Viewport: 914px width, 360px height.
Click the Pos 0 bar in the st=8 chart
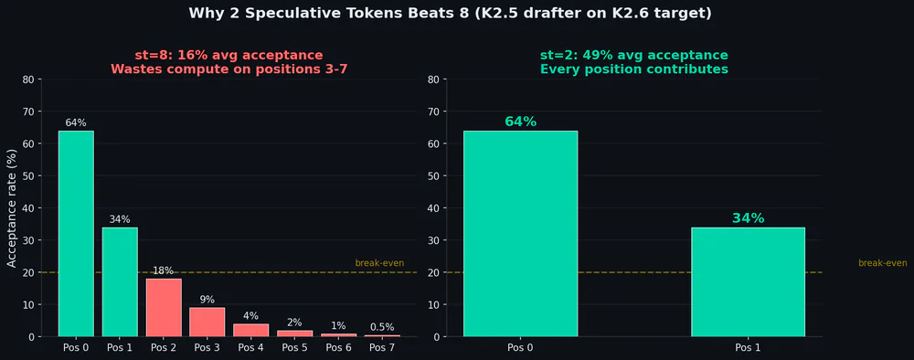pos(76,233)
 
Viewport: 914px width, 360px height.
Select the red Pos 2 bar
pos(164,307)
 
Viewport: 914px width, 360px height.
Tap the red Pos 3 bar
pos(207,322)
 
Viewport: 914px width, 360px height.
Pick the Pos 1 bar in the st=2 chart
pos(748,281)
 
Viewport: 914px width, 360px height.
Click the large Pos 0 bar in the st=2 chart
pos(520,233)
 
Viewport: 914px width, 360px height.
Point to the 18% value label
pos(164,270)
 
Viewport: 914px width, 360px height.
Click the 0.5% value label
pos(382,327)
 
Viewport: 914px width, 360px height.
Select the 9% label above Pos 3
pos(207,300)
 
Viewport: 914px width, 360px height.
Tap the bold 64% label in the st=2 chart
pos(520,122)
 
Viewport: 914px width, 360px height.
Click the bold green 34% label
pos(748,218)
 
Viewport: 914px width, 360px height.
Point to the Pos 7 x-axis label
pos(382,348)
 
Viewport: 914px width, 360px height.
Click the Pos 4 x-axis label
pos(250,348)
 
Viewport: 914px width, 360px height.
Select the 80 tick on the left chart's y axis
pos(27,79)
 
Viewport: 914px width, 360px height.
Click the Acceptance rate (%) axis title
pos(12,207)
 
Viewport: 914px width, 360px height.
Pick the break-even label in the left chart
pos(379,263)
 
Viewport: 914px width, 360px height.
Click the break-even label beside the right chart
pos(882,263)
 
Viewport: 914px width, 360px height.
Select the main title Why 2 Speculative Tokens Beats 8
pos(450,13)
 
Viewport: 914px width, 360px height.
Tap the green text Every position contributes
pos(633,69)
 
